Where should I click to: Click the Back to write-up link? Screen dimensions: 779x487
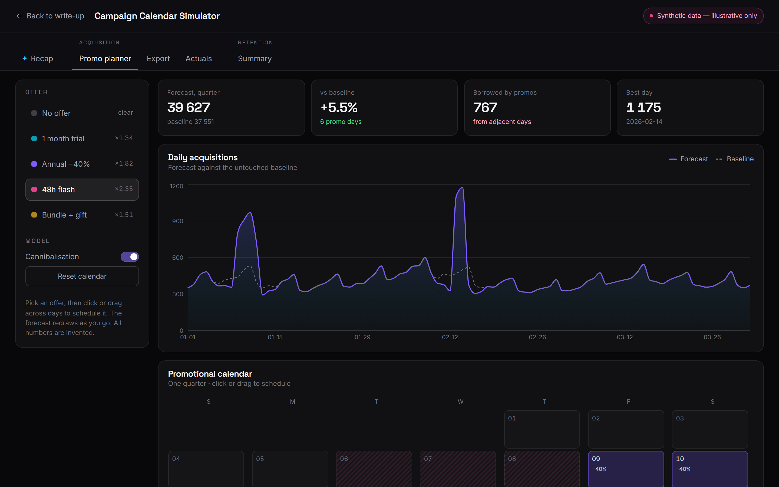(x=50, y=16)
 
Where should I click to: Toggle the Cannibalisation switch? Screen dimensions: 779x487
(x=130, y=257)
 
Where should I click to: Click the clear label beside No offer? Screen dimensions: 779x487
(x=126, y=112)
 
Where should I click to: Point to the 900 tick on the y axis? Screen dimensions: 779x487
(x=178, y=221)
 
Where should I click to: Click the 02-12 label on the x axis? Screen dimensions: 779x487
(x=450, y=337)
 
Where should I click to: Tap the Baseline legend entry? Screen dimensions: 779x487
(x=735, y=159)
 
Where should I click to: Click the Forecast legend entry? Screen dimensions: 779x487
(x=689, y=159)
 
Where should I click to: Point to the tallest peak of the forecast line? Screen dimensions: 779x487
(x=463, y=187)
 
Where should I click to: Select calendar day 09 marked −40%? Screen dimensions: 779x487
(x=626, y=469)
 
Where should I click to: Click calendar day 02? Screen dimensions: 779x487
(x=626, y=429)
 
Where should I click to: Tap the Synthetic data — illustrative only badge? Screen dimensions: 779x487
(x=703, y=16)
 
